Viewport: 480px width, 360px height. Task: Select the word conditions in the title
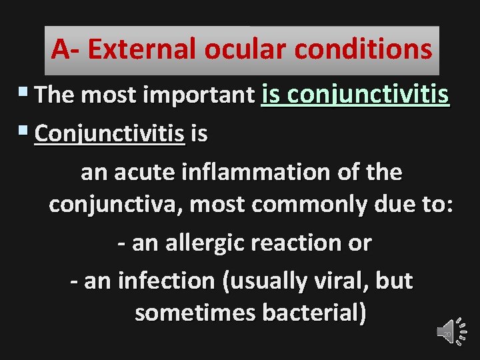click(x=361, y=49)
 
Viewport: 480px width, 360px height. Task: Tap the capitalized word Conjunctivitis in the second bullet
click(x=109, y=134)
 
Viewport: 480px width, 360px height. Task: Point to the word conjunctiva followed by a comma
click(x=117, y=205)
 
